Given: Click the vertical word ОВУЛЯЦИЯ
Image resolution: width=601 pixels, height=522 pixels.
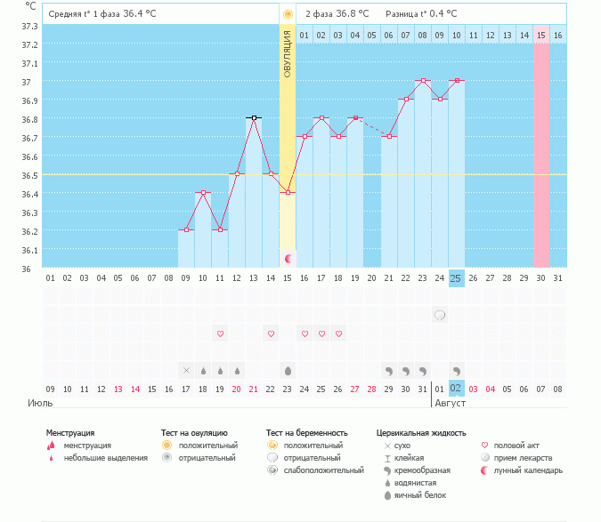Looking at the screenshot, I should coord(288,53).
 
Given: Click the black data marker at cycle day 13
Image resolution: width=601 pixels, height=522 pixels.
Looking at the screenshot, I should coord(254,117).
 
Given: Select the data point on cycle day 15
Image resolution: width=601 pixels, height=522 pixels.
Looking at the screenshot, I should coord(288,193).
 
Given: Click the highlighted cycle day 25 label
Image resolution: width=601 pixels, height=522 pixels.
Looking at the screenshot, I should coord(456,278).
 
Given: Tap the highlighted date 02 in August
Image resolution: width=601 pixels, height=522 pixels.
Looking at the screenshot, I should coord(456,389).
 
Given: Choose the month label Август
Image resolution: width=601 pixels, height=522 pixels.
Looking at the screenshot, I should coord(450,403).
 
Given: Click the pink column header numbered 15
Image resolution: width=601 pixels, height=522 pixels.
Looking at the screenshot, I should coord(540,35).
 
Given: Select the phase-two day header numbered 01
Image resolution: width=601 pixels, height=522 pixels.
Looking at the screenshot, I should coord(305,35).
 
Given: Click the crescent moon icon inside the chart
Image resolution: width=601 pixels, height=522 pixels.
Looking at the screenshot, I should coord(288,259).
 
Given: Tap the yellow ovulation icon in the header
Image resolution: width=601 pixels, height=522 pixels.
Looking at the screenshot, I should coord(288,14).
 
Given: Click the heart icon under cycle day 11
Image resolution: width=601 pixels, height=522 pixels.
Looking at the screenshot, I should coord(220,333).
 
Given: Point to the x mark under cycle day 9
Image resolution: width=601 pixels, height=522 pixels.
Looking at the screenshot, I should coord(186,370).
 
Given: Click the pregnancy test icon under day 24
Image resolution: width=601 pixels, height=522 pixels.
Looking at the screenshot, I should coord(439,315).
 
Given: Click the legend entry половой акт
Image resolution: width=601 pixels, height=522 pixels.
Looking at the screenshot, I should coord(516,445).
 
